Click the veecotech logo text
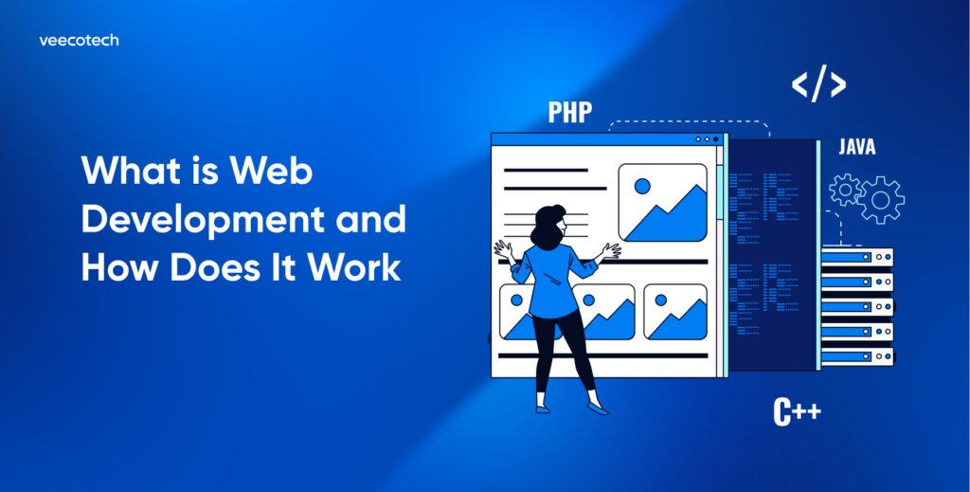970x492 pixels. coord(79,41)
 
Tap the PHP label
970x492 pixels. coord(570,113)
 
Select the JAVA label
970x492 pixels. coord(856,147)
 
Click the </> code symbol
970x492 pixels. coord(818,84)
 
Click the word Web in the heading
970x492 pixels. coord(272,171)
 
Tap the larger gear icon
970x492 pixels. coord(881,199)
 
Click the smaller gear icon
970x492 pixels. coord(843,190)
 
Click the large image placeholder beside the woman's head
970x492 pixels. coord(662,202)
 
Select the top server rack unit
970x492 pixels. coord(856,257)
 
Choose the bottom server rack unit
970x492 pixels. coord(856,356)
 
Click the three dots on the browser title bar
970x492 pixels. coord(708,139)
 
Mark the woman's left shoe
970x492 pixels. coord(598,409)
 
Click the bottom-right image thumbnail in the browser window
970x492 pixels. coord(674,312)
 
